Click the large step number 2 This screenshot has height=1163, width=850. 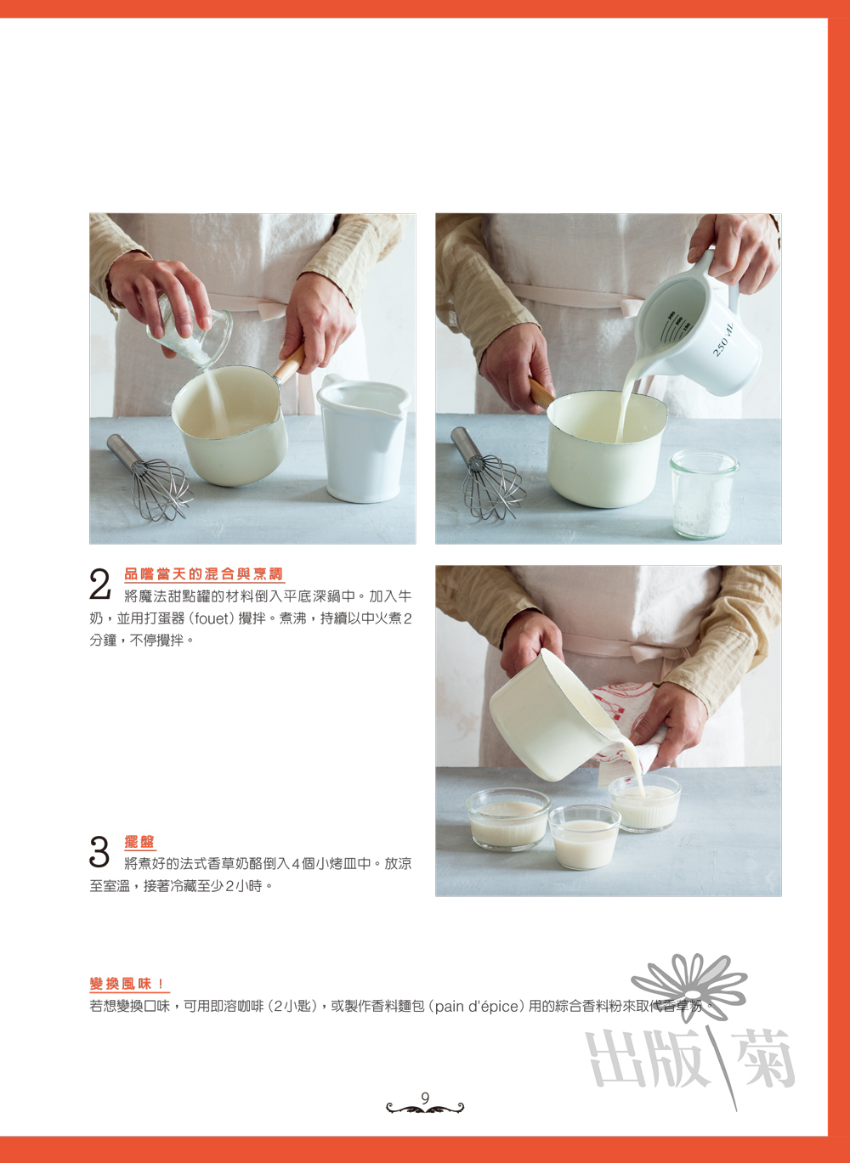99,584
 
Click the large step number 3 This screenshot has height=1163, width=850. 99,851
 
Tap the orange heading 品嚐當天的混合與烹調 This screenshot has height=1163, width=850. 204,573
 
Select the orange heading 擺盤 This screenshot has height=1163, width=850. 139,842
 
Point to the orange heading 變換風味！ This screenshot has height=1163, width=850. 128,984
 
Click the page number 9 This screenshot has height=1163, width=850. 425,1098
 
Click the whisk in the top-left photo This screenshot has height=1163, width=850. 150,477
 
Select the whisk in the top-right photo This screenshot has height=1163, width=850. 487,473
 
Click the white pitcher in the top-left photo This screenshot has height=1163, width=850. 363,438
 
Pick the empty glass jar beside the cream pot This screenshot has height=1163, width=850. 704,494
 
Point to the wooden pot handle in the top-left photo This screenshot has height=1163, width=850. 290,364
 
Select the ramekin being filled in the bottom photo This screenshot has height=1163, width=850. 645,803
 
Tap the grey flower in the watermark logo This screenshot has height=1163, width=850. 689,983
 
